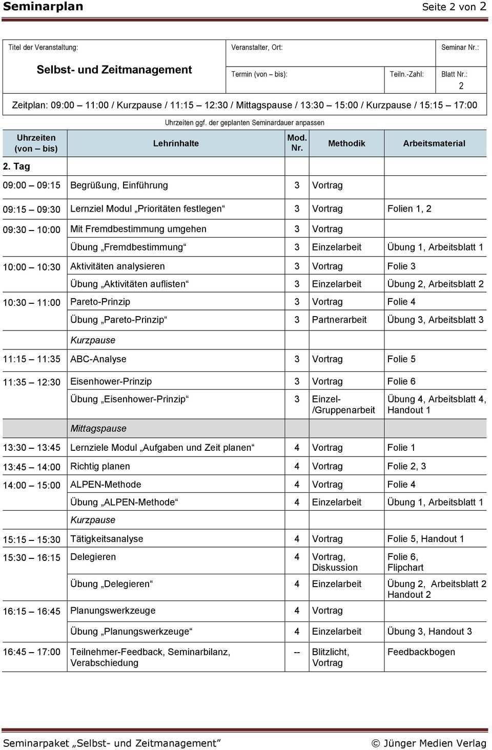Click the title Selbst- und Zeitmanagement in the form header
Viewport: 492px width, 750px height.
pyautogui.click(x=114, y=70)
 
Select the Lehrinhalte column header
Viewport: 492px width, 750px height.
pyautogui.click(x=176, y=143)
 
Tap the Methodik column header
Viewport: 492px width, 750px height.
pyautogui.click(x=346, y=143)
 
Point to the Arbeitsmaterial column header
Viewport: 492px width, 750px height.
pyautogui.click(x=434, y=143)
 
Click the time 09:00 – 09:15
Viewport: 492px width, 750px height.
pyautogui.click(x=31, y=185)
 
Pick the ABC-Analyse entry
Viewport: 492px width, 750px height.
pyautogui.click(x=98, y=359)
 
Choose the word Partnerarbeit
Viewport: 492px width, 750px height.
pyautogui.click(x=339, y=320)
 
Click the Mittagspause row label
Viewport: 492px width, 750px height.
pyautogui.click(x=98, y=428)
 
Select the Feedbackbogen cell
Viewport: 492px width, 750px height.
pyautogui.click(x=421, y=652)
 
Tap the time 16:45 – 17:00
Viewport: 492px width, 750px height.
pyautogui.click(x=31, y=652)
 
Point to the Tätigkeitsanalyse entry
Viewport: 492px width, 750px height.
pyautogui.click(x=107, y=539)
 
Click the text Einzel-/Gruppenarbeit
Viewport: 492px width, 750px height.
pyautogui.click(x=343, y=405)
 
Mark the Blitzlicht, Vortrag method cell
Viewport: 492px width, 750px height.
pyautogui.click(x=331, y=657)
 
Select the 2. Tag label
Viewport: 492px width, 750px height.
pyautogui.click(x=16, y=166)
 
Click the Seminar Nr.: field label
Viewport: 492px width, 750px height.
pyautogui.click(x=460, y=47)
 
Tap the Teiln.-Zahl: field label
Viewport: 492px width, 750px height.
pyautogui.click(x=406, y=74)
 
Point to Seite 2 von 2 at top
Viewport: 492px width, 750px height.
pyautogui.click(x=454, y=7)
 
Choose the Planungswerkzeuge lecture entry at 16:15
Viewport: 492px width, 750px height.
pyautogui.click(x=113, y=611)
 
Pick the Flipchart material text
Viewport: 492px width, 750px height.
pyautogui.click(x=405, y=568)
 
